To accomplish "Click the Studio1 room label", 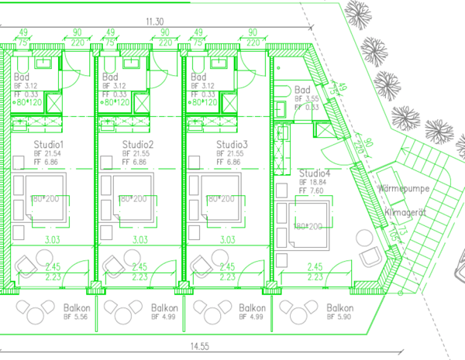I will [x=48, y=145].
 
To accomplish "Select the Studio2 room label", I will [x=138, y=145].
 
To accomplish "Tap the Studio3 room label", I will [x=232, y=145].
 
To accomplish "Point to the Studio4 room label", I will [x=315, y=173].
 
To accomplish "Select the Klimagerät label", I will [x=406, y=211].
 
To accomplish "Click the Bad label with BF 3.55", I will [x=303, y=91].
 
